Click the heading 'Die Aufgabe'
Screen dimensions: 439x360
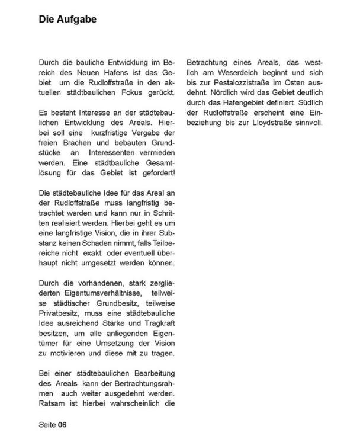click(x=67, y=20)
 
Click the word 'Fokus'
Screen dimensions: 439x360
click(x=146, y=93)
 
